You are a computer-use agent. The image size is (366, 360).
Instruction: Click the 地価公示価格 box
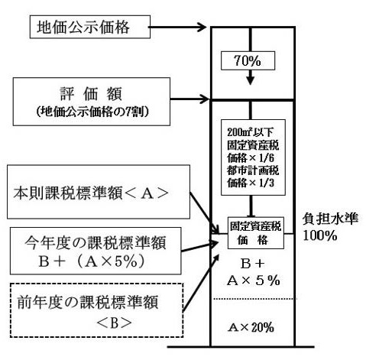[90, 27]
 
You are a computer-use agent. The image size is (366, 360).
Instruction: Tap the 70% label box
[248, 60]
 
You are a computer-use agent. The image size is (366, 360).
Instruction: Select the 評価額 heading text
[91, 94]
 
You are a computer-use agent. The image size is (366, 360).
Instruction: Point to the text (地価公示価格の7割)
[92, 112]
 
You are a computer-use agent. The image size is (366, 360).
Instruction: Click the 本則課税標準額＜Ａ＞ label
[91, 193]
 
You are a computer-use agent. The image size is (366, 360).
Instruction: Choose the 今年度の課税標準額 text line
[96, 242]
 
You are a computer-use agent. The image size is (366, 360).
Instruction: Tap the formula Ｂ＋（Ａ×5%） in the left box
[92, 261]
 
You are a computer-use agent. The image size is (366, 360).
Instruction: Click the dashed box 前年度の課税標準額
[97, 310]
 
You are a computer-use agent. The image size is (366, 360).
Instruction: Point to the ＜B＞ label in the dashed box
[115, 323]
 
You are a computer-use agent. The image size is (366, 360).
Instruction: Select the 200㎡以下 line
[250, 132]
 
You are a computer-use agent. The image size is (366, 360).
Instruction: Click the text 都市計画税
[253, 170]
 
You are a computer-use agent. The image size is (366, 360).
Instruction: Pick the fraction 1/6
[267, 158]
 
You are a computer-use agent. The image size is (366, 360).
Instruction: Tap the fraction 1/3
[267, 183]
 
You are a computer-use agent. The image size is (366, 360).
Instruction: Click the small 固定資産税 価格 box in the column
[256, 233]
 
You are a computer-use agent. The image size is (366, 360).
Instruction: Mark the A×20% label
[251, 327]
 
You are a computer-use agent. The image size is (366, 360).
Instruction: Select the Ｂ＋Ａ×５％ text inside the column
[253, 272]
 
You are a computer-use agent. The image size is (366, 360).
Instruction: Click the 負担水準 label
[330, 219]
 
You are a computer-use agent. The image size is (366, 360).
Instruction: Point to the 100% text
[320, 235]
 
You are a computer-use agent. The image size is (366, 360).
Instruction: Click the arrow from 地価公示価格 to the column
[177, 27]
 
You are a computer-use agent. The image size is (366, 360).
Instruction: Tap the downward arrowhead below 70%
[251, 81]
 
